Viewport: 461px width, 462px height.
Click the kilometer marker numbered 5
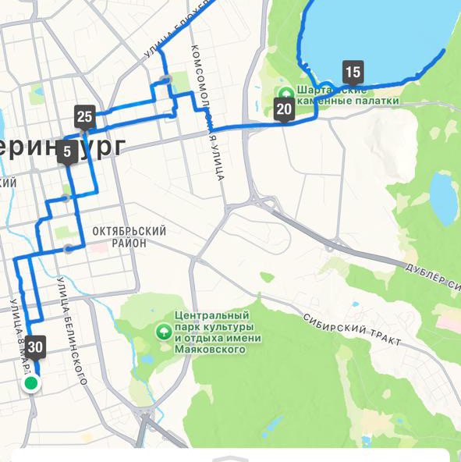tap(67, 151)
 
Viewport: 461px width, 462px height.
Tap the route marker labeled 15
tap(353, 73)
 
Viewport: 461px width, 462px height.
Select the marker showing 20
tap(284, 109)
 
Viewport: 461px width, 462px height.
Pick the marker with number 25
tap(85, 118)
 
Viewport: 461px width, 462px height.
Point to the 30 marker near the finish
tap(35, 346)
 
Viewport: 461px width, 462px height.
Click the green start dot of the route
tap(31, 383)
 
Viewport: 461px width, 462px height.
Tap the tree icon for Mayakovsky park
tap(164, 331)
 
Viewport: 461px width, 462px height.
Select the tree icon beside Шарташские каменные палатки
tap(285, 92)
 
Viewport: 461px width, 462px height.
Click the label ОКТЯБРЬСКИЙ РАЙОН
tap(129, 237)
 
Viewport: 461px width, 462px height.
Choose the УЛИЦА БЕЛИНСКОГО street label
tap(71, 332)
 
